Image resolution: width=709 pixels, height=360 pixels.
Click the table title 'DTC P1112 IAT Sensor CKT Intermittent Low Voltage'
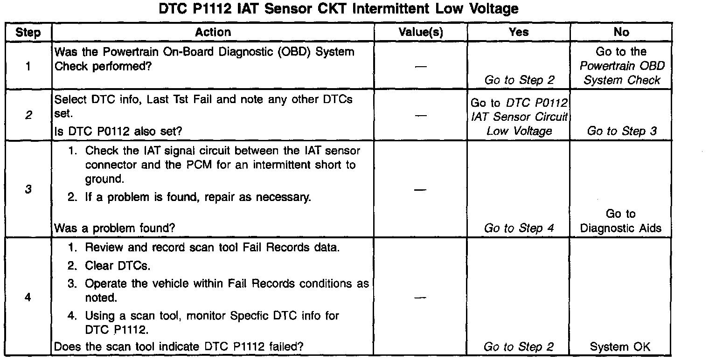[x=338, y=9]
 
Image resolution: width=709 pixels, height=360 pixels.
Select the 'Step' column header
[x=28, y=32]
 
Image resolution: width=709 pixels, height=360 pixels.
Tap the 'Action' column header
[x=213, y=32]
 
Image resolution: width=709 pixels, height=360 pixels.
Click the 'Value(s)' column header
[x=420, y=32]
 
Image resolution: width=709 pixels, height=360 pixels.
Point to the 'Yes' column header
[x=519, y=32]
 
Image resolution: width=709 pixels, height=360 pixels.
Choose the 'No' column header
[x=621, y=32]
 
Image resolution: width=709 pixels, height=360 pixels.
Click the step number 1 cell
[x=28, y=66]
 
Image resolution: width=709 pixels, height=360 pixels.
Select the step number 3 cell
[x=28, y=189]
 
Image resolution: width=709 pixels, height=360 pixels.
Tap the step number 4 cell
[x=28, y=298]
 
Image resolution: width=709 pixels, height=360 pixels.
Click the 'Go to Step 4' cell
[x=519, y=228]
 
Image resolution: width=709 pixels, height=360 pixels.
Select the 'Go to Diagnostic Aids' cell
[x=621, y=221]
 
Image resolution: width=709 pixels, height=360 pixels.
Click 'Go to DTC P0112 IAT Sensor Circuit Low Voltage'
[x=519, y=117]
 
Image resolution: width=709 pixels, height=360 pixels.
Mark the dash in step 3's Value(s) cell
[x=420, y=189]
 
